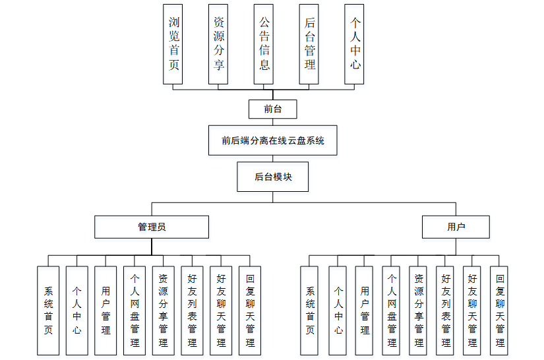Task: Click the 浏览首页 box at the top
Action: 173,44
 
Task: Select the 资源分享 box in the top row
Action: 218,44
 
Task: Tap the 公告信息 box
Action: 264,44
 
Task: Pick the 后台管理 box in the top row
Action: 309,44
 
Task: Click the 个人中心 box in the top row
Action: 354,44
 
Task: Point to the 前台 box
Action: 272,109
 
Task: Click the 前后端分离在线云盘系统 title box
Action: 272,140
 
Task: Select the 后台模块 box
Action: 272,177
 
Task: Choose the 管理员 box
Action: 151,227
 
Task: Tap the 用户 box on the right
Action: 456,227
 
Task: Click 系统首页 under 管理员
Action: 48,311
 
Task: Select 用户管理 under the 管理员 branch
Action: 106,311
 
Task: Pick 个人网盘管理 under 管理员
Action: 135,311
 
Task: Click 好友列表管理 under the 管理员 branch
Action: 192,311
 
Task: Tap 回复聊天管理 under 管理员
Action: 249,311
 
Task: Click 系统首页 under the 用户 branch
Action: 311,311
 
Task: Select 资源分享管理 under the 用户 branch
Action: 419,311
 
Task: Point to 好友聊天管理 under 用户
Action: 472,311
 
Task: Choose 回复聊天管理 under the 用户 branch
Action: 499,311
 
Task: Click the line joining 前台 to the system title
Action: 272,122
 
